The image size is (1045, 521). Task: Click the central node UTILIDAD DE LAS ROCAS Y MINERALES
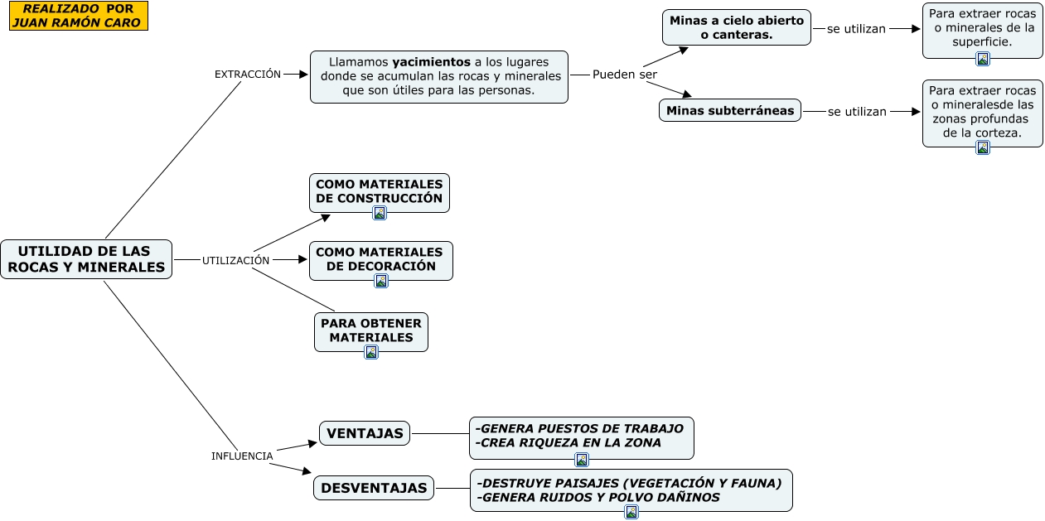point(86,259)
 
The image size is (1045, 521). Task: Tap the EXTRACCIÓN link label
point(247,74)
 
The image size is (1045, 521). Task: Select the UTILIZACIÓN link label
point(235,260)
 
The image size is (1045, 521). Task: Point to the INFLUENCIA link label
point(242,456)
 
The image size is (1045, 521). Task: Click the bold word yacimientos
point(430,61)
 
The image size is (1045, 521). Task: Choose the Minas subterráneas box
point(729,110)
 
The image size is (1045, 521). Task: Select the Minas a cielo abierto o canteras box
point(736,27)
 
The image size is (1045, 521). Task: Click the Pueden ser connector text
point(624,75)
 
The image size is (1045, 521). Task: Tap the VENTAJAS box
point(365,433)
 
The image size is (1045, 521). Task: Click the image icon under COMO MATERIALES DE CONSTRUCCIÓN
point(380,213)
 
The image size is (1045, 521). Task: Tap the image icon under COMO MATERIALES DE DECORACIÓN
point(381,281)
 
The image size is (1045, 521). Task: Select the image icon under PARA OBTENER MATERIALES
point(371,352)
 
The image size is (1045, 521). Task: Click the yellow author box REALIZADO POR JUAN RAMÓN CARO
point(79,16)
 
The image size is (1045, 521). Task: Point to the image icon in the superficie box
point(983,59)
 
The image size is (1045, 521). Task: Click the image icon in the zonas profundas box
point(983,147)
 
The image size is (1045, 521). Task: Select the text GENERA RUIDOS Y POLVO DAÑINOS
point(597,497)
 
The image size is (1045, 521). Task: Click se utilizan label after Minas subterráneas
point(857,111)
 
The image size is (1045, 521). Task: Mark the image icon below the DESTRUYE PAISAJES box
point(631,512)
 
